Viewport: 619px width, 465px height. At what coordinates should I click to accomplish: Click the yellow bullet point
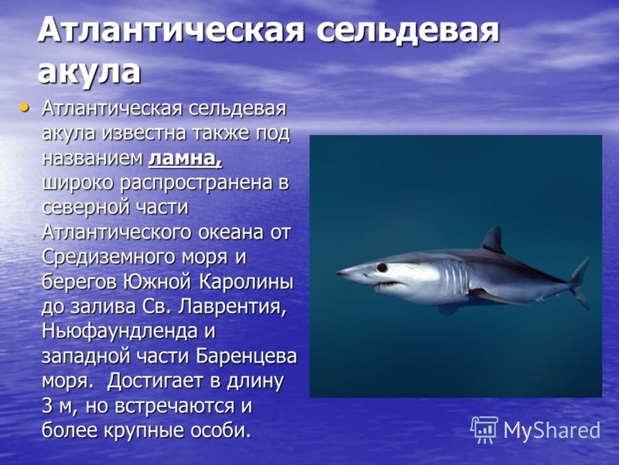(x=25, y=107)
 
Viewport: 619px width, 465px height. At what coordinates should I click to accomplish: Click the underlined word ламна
(x=185, y=158)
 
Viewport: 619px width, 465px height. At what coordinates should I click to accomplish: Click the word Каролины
(x=246, y=283)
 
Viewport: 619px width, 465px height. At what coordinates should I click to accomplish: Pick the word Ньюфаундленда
(x=120, y=332)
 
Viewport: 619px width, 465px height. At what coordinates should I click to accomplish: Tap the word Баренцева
(x=246, y=356)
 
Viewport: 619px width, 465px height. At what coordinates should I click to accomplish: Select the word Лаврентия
(x=231, y=308)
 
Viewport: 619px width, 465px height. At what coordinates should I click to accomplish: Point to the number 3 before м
(x=46, y=406)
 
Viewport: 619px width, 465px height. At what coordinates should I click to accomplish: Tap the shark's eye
(x=381, y=267)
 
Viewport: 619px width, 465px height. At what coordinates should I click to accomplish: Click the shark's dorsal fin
(x=493, y=241)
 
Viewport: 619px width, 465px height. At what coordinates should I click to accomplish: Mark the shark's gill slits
(x=455, y=278)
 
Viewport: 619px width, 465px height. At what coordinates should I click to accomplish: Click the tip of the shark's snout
(x=337, y=272)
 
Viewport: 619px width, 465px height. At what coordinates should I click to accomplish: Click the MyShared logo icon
(x=484, y=429)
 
